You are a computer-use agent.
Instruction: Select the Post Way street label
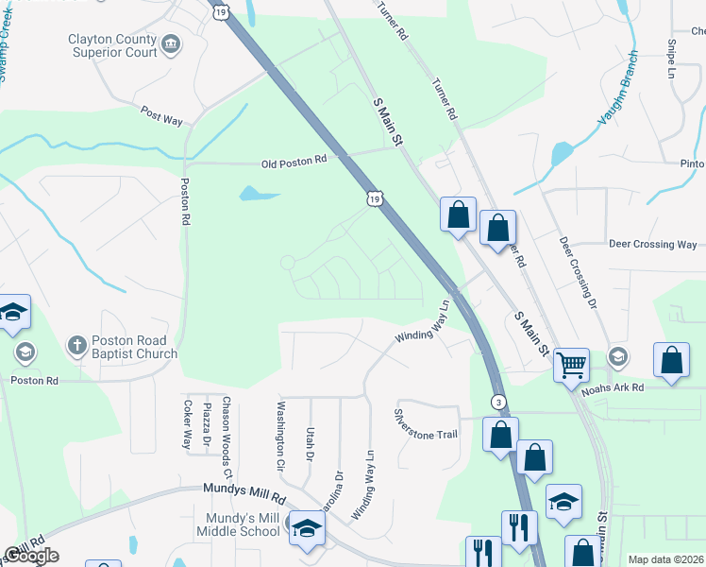point(160,112)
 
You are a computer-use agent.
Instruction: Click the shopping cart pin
point(570,364)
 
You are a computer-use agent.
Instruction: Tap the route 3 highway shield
point(497,403)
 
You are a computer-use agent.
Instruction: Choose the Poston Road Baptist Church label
point(135,347)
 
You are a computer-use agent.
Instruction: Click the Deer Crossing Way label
point(652,244)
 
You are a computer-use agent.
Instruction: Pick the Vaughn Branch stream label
point(620,91)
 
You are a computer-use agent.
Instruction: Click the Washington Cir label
point(279,438)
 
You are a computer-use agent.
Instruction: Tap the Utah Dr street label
point(309,441)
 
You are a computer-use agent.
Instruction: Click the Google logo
point(31,556)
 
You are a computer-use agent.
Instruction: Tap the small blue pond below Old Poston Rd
point(258,194)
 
